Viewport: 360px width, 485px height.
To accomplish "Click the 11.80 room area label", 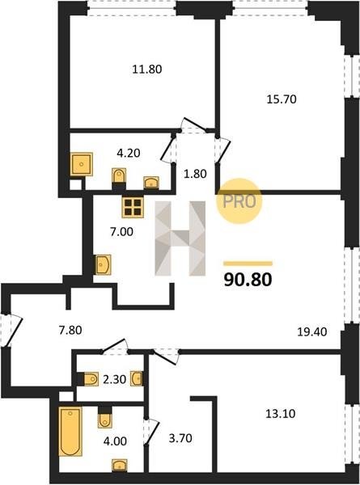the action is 147,70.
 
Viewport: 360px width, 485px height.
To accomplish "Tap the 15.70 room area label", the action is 282,99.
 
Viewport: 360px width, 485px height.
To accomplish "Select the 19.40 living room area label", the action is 312,332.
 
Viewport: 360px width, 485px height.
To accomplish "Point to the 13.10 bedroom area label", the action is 281,414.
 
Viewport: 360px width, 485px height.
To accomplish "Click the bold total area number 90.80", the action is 248,280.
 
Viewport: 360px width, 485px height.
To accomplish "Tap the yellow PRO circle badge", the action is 239,201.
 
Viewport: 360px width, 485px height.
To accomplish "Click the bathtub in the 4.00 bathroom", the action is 70,432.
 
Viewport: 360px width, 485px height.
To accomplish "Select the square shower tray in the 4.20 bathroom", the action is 82,164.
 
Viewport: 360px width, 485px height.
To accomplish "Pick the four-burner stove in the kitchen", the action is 133,207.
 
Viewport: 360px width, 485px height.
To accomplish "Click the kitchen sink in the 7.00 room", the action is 103,264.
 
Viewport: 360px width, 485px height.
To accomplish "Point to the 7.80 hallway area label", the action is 70,331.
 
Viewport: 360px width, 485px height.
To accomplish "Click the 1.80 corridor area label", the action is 195,174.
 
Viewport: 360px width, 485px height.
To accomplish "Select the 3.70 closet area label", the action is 180,438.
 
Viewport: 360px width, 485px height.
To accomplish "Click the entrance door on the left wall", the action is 11,331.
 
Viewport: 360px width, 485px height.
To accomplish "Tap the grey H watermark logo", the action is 180,238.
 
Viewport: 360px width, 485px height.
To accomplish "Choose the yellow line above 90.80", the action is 248,264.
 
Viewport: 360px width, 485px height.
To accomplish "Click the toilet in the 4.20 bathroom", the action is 119,176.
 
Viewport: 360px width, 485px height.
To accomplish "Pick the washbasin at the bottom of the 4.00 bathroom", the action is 120,466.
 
